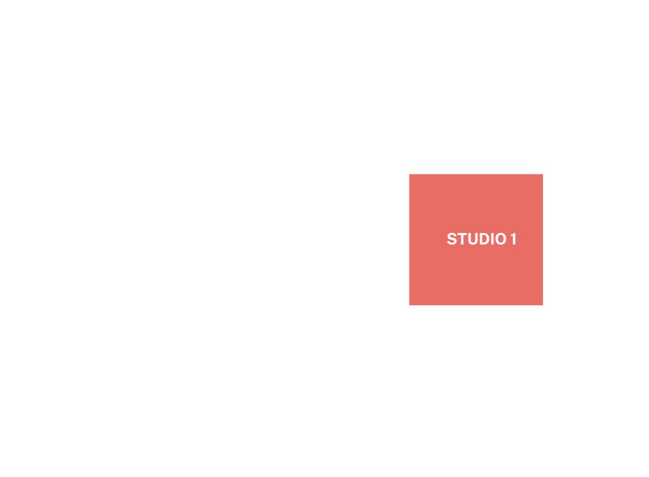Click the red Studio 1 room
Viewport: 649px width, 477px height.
coord(476,239)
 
